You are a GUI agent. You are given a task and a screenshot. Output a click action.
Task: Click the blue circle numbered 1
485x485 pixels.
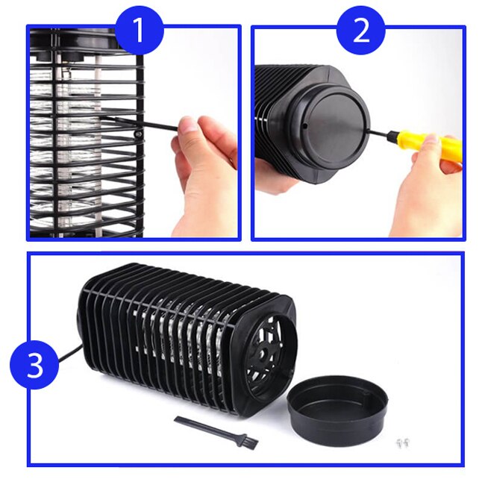pos(140,30)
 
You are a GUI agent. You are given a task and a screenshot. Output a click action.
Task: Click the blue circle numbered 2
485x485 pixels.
pos(360,31)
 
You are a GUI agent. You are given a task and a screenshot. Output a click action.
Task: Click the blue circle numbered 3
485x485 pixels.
pos(34,364)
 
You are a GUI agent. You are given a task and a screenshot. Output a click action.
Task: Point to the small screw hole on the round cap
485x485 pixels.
pos(304,125)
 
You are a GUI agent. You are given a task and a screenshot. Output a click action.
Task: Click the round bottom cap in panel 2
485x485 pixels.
pos(328,127)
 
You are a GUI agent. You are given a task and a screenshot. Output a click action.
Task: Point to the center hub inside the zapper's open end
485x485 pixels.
pos(263,354)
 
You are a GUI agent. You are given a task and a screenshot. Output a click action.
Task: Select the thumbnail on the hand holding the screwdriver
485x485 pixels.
pos(432,140)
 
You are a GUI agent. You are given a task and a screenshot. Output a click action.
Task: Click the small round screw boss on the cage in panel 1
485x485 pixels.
pos(138,134)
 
